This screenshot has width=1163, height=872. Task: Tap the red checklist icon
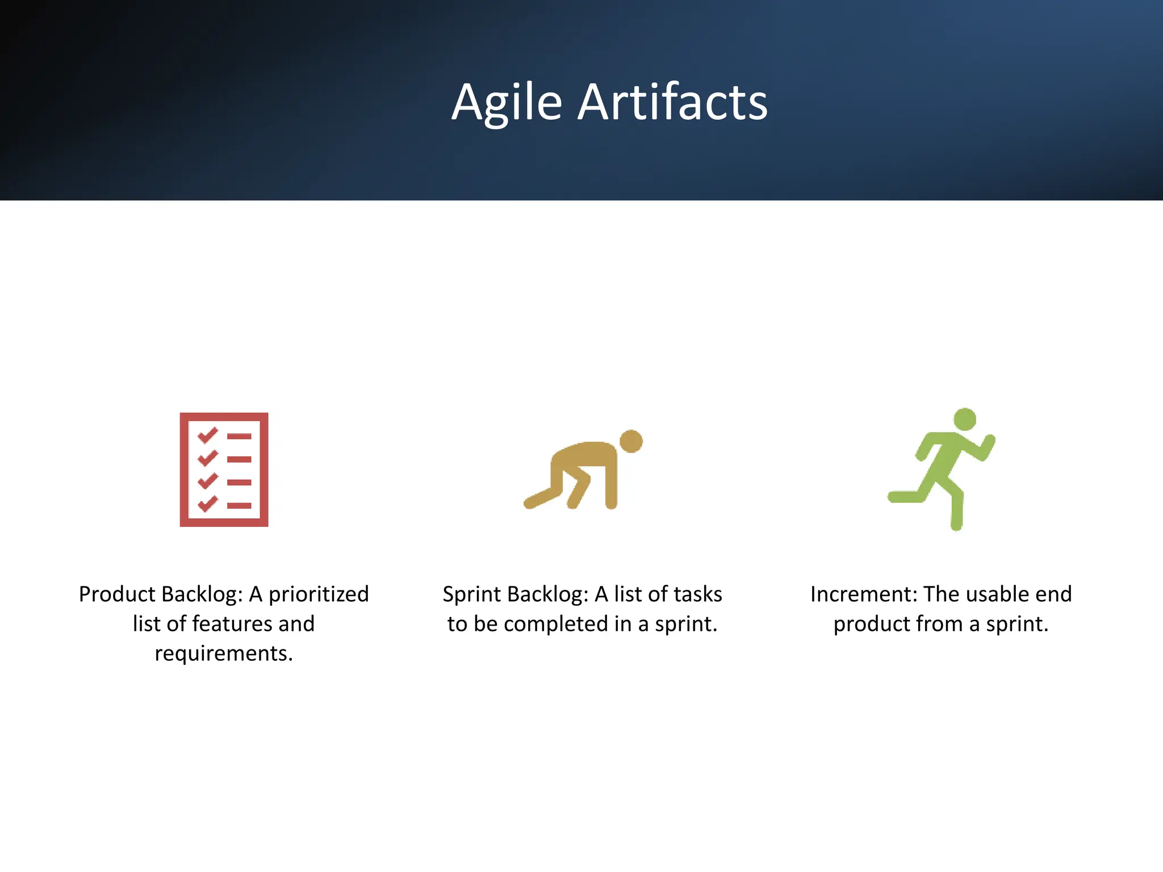coord(224,469)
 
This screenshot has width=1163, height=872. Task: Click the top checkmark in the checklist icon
coord(207,435)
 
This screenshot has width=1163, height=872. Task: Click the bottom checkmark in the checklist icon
coord(207,504)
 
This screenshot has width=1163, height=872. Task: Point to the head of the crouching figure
coord(631,441)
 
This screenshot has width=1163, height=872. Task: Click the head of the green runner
coord(964,420)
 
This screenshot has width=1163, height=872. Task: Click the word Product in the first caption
coord(116,594)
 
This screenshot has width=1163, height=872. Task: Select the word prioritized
coord(319,594)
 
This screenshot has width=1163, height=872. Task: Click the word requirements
coord(224,653)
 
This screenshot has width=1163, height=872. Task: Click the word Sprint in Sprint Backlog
coord(472,594)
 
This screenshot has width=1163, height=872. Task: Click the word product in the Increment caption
coord(871,624)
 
